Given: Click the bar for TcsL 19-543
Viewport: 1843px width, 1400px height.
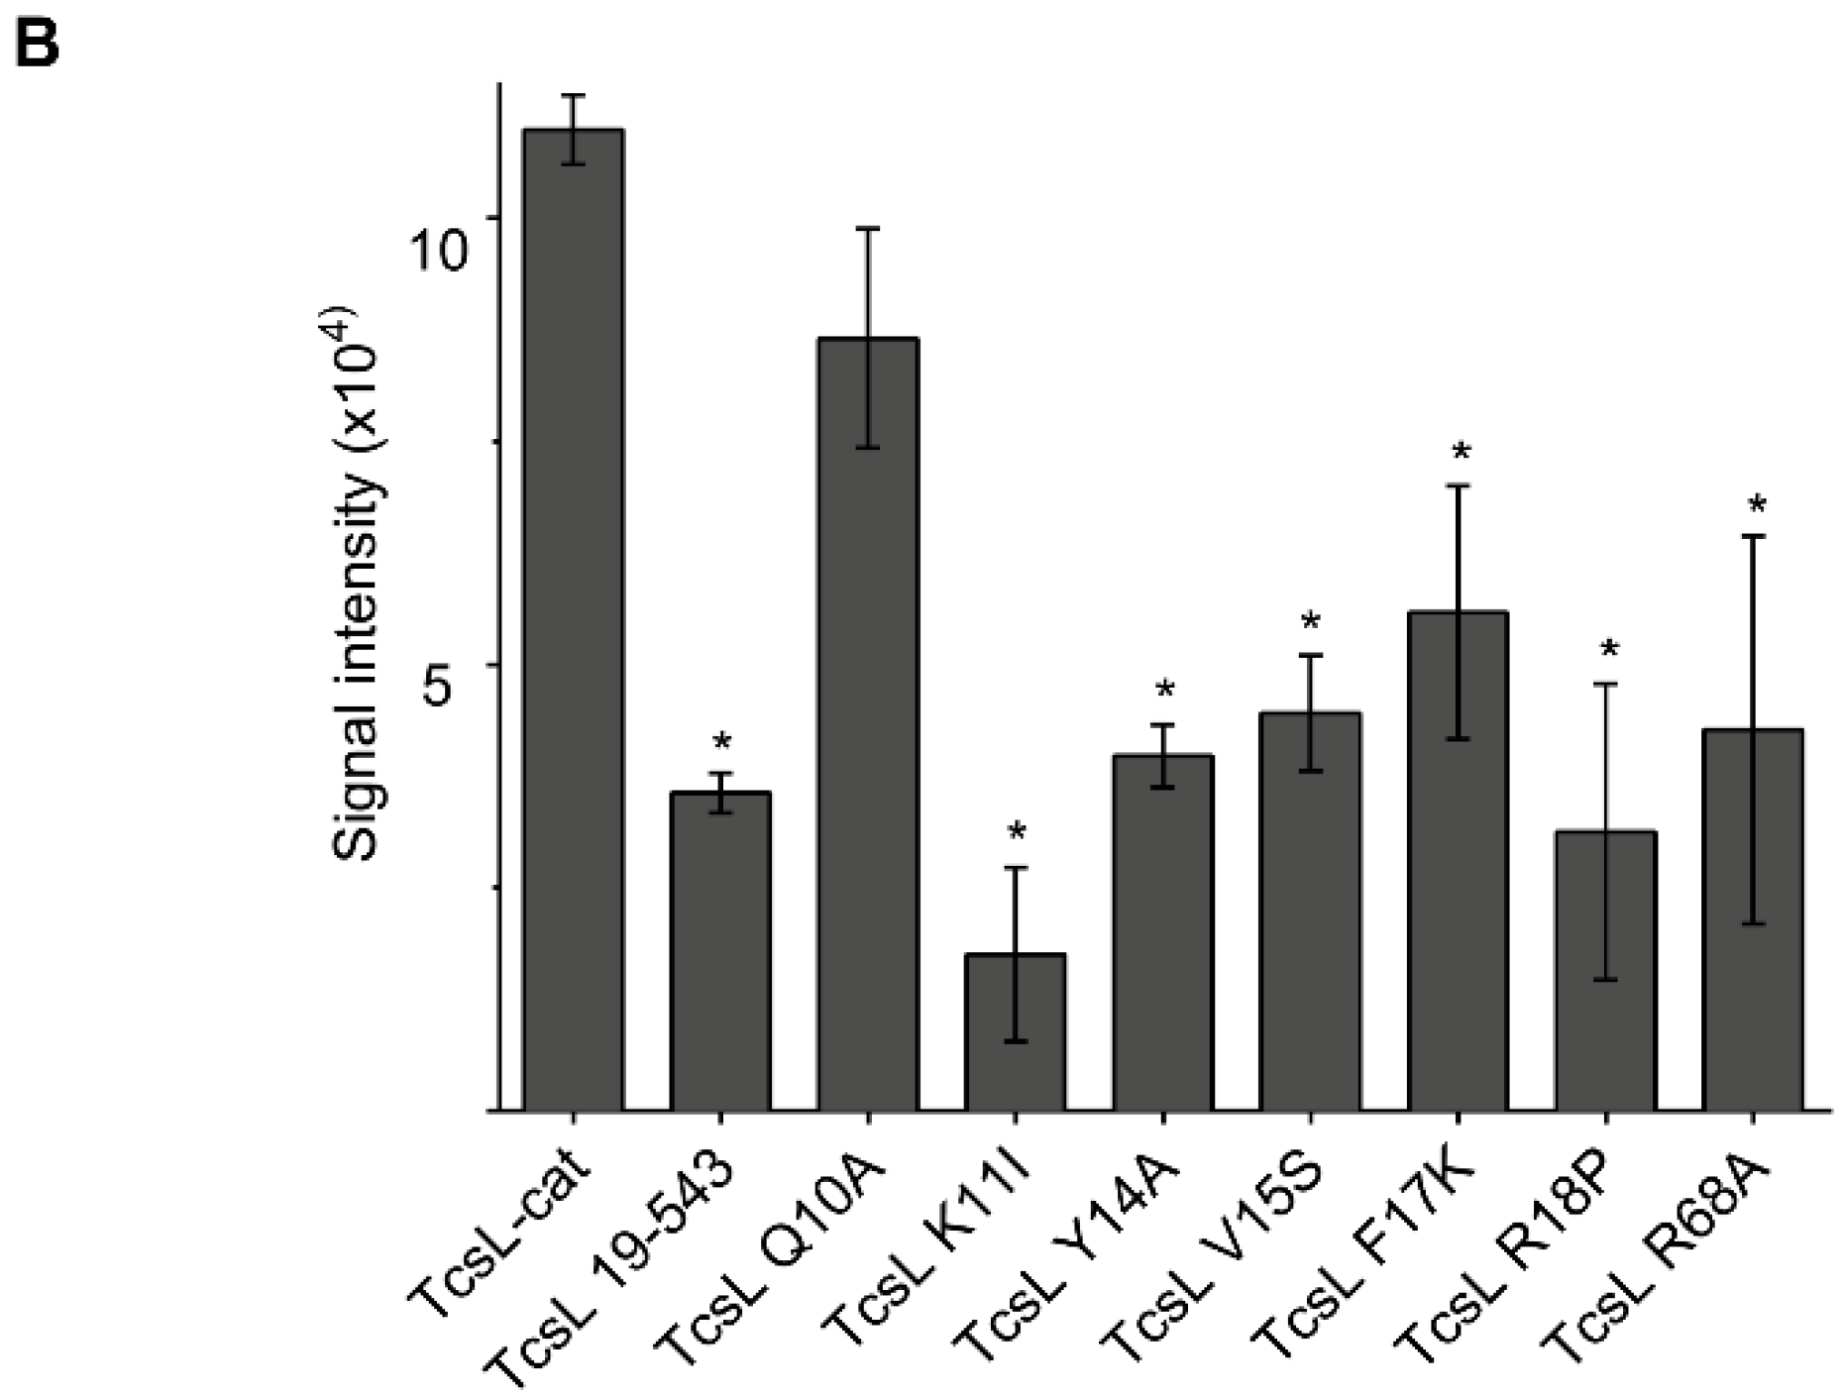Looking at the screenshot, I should (x=720, y=951).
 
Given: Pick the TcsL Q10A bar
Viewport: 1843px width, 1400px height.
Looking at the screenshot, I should (x=868, y=724).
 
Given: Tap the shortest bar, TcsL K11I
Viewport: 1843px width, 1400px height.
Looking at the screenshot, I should (x=1015, y=1031).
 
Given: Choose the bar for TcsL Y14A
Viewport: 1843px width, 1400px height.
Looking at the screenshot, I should (x=1163, y=932).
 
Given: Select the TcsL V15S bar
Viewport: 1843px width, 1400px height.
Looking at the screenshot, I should (x=1310, y=912).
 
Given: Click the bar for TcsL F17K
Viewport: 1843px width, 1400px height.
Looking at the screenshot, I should (x=1458, y=861).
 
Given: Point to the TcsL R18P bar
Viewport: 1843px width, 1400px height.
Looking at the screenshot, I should (x=1605, y=971).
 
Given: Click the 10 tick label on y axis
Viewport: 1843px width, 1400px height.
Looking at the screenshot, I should (x=438, y=251).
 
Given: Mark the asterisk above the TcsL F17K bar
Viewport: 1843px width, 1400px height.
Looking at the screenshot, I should (x=1462, y=454).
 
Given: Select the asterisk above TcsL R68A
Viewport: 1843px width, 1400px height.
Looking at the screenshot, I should (x=1757, y=506).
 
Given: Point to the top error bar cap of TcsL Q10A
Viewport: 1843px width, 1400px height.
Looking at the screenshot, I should (x=868, y=228).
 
